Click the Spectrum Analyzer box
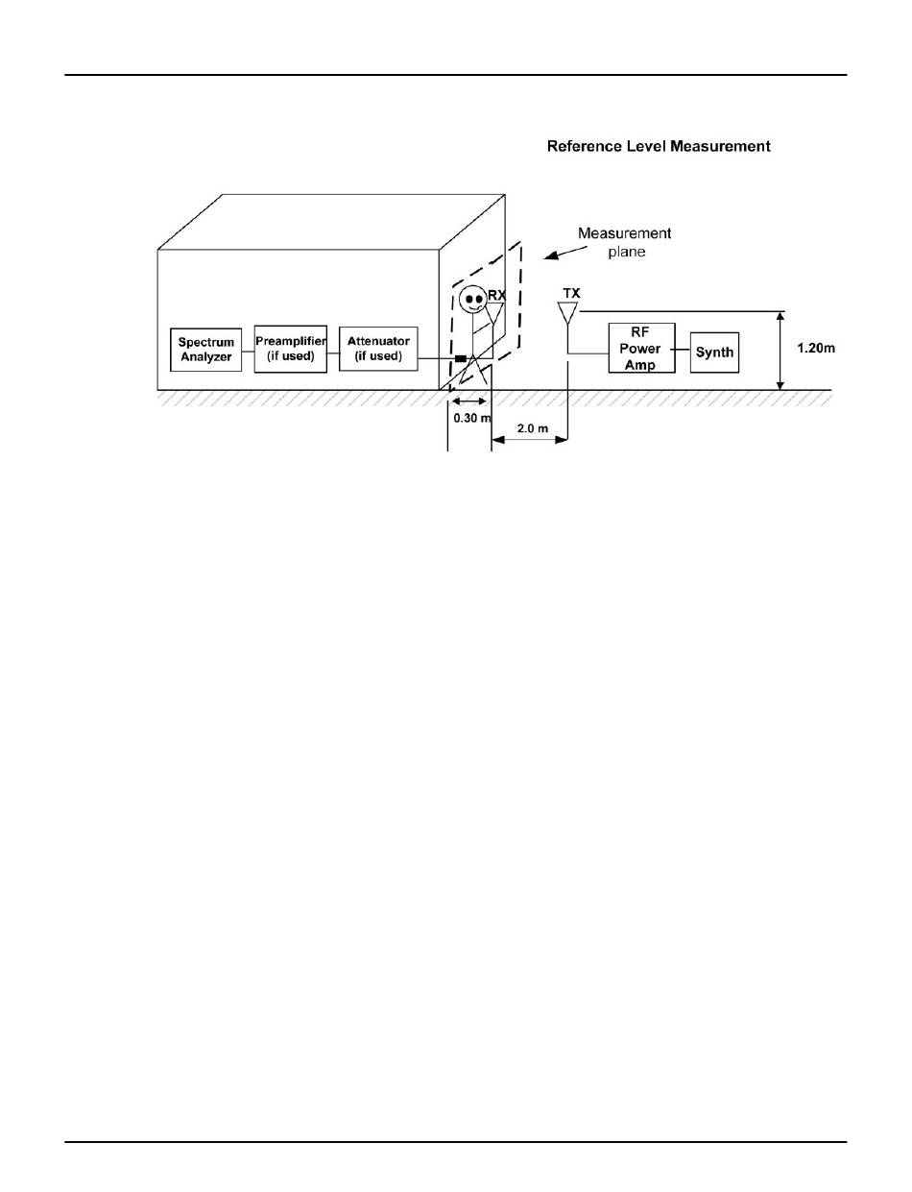(x=206, y=349)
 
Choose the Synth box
(x=715, y=352)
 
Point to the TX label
(x=571, y=291)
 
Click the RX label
(x=496, y=296)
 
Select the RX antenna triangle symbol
(x=495, y=313)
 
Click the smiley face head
(x=470, y=299)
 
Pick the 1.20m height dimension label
(x=816, y=348)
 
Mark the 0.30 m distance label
(x=472, y=419)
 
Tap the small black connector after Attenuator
(x=460, y=359)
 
